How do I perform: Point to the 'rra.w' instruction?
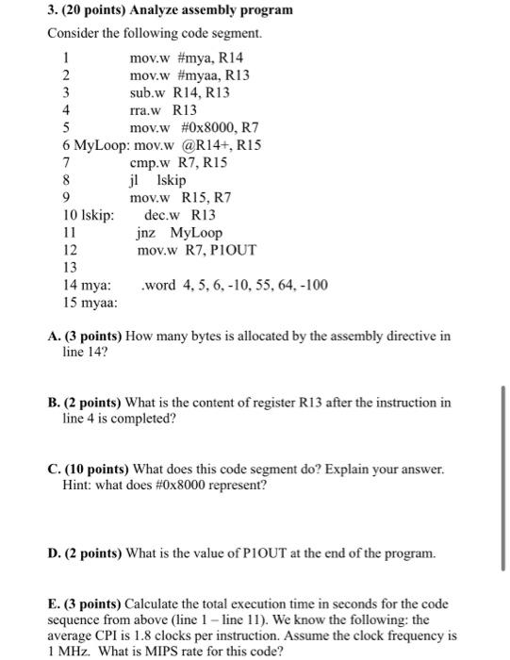pyautogui.click(x=145, y=109)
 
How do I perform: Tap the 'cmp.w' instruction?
pyautogui.click(x=148, y=162)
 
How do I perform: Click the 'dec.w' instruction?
pyautogui.click(x=161, y=215)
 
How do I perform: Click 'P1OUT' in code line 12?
pyautogui.click(x=235, y=250)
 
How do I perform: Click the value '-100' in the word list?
pyautogui.click(x=313, y=284)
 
